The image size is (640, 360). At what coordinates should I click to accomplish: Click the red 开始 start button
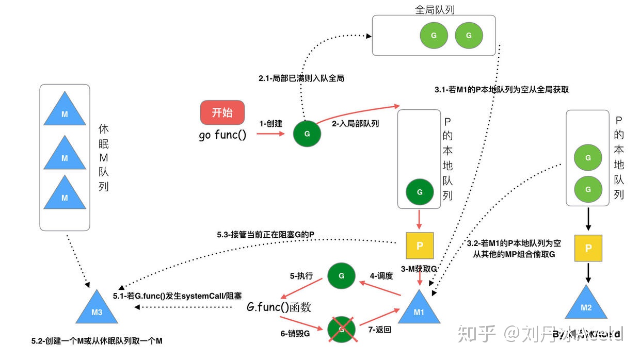222,112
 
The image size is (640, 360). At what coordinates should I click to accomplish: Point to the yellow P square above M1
420,246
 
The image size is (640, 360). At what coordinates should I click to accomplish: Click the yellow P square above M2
588,248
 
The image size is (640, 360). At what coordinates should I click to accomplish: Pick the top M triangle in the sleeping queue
65,111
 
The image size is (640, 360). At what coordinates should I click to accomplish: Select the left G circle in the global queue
434,36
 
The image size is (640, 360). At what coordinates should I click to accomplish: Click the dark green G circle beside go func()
307,134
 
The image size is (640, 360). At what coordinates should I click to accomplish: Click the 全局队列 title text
435,10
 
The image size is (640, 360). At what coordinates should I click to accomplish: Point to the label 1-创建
271,124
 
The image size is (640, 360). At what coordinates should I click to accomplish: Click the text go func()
222,136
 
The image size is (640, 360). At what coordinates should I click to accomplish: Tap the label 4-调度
381,276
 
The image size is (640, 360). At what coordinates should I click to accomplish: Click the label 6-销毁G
295,334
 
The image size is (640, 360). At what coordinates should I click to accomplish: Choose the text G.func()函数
279,307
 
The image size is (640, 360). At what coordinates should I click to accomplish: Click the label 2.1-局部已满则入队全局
301,78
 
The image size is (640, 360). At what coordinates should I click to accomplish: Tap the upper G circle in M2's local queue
588,158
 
